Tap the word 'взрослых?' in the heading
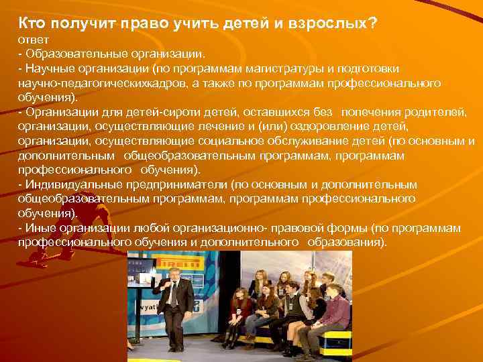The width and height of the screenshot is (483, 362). point(339,23)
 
